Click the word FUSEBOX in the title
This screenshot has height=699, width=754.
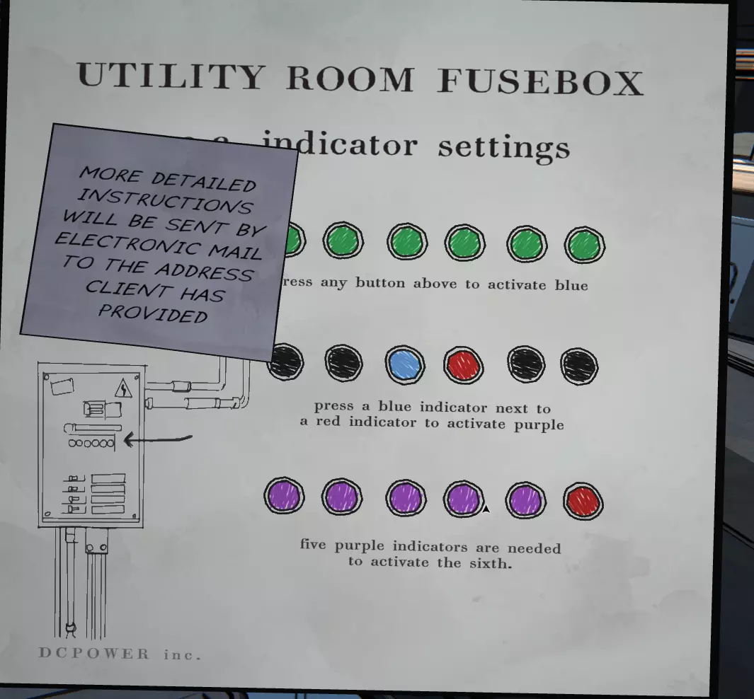tap(540, 82)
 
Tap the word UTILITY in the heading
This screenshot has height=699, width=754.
tap(171, 76)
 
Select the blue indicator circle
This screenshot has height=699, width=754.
tap(406, 365)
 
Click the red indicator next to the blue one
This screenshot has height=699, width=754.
tap(464, 366)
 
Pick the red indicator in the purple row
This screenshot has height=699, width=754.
tap(583, 502)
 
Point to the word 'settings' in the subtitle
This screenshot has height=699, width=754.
tap(503, 146)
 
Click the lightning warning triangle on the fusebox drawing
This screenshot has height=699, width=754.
tap(124, 388)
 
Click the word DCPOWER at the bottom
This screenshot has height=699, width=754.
tap(94, 654)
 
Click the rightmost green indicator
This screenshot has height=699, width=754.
tap(584, 245)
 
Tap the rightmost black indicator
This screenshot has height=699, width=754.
tap(579, 366)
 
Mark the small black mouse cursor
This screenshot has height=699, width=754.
tap(486, 508)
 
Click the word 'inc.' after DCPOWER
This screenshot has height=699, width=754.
tap(182, 654)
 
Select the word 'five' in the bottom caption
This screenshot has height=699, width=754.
tap(314, 545)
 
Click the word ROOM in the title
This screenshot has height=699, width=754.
tap(350, 79)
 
